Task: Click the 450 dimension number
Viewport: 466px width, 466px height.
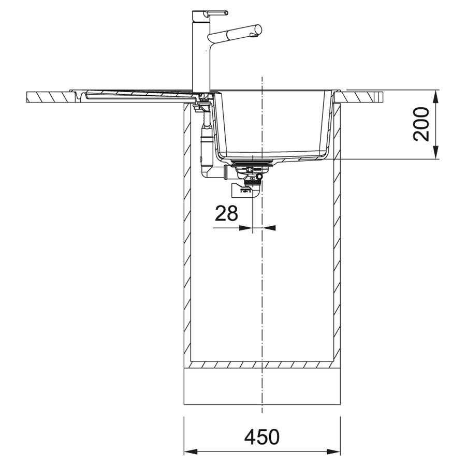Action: (262, 436)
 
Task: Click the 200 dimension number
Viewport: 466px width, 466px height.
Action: (421, 124)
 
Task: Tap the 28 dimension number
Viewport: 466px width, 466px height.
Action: (226, 213)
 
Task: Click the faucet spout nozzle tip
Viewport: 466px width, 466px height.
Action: (255, 35)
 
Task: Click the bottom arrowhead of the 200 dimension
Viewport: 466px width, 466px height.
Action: (435, 153)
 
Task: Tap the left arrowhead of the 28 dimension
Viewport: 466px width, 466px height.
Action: (246, 228)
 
